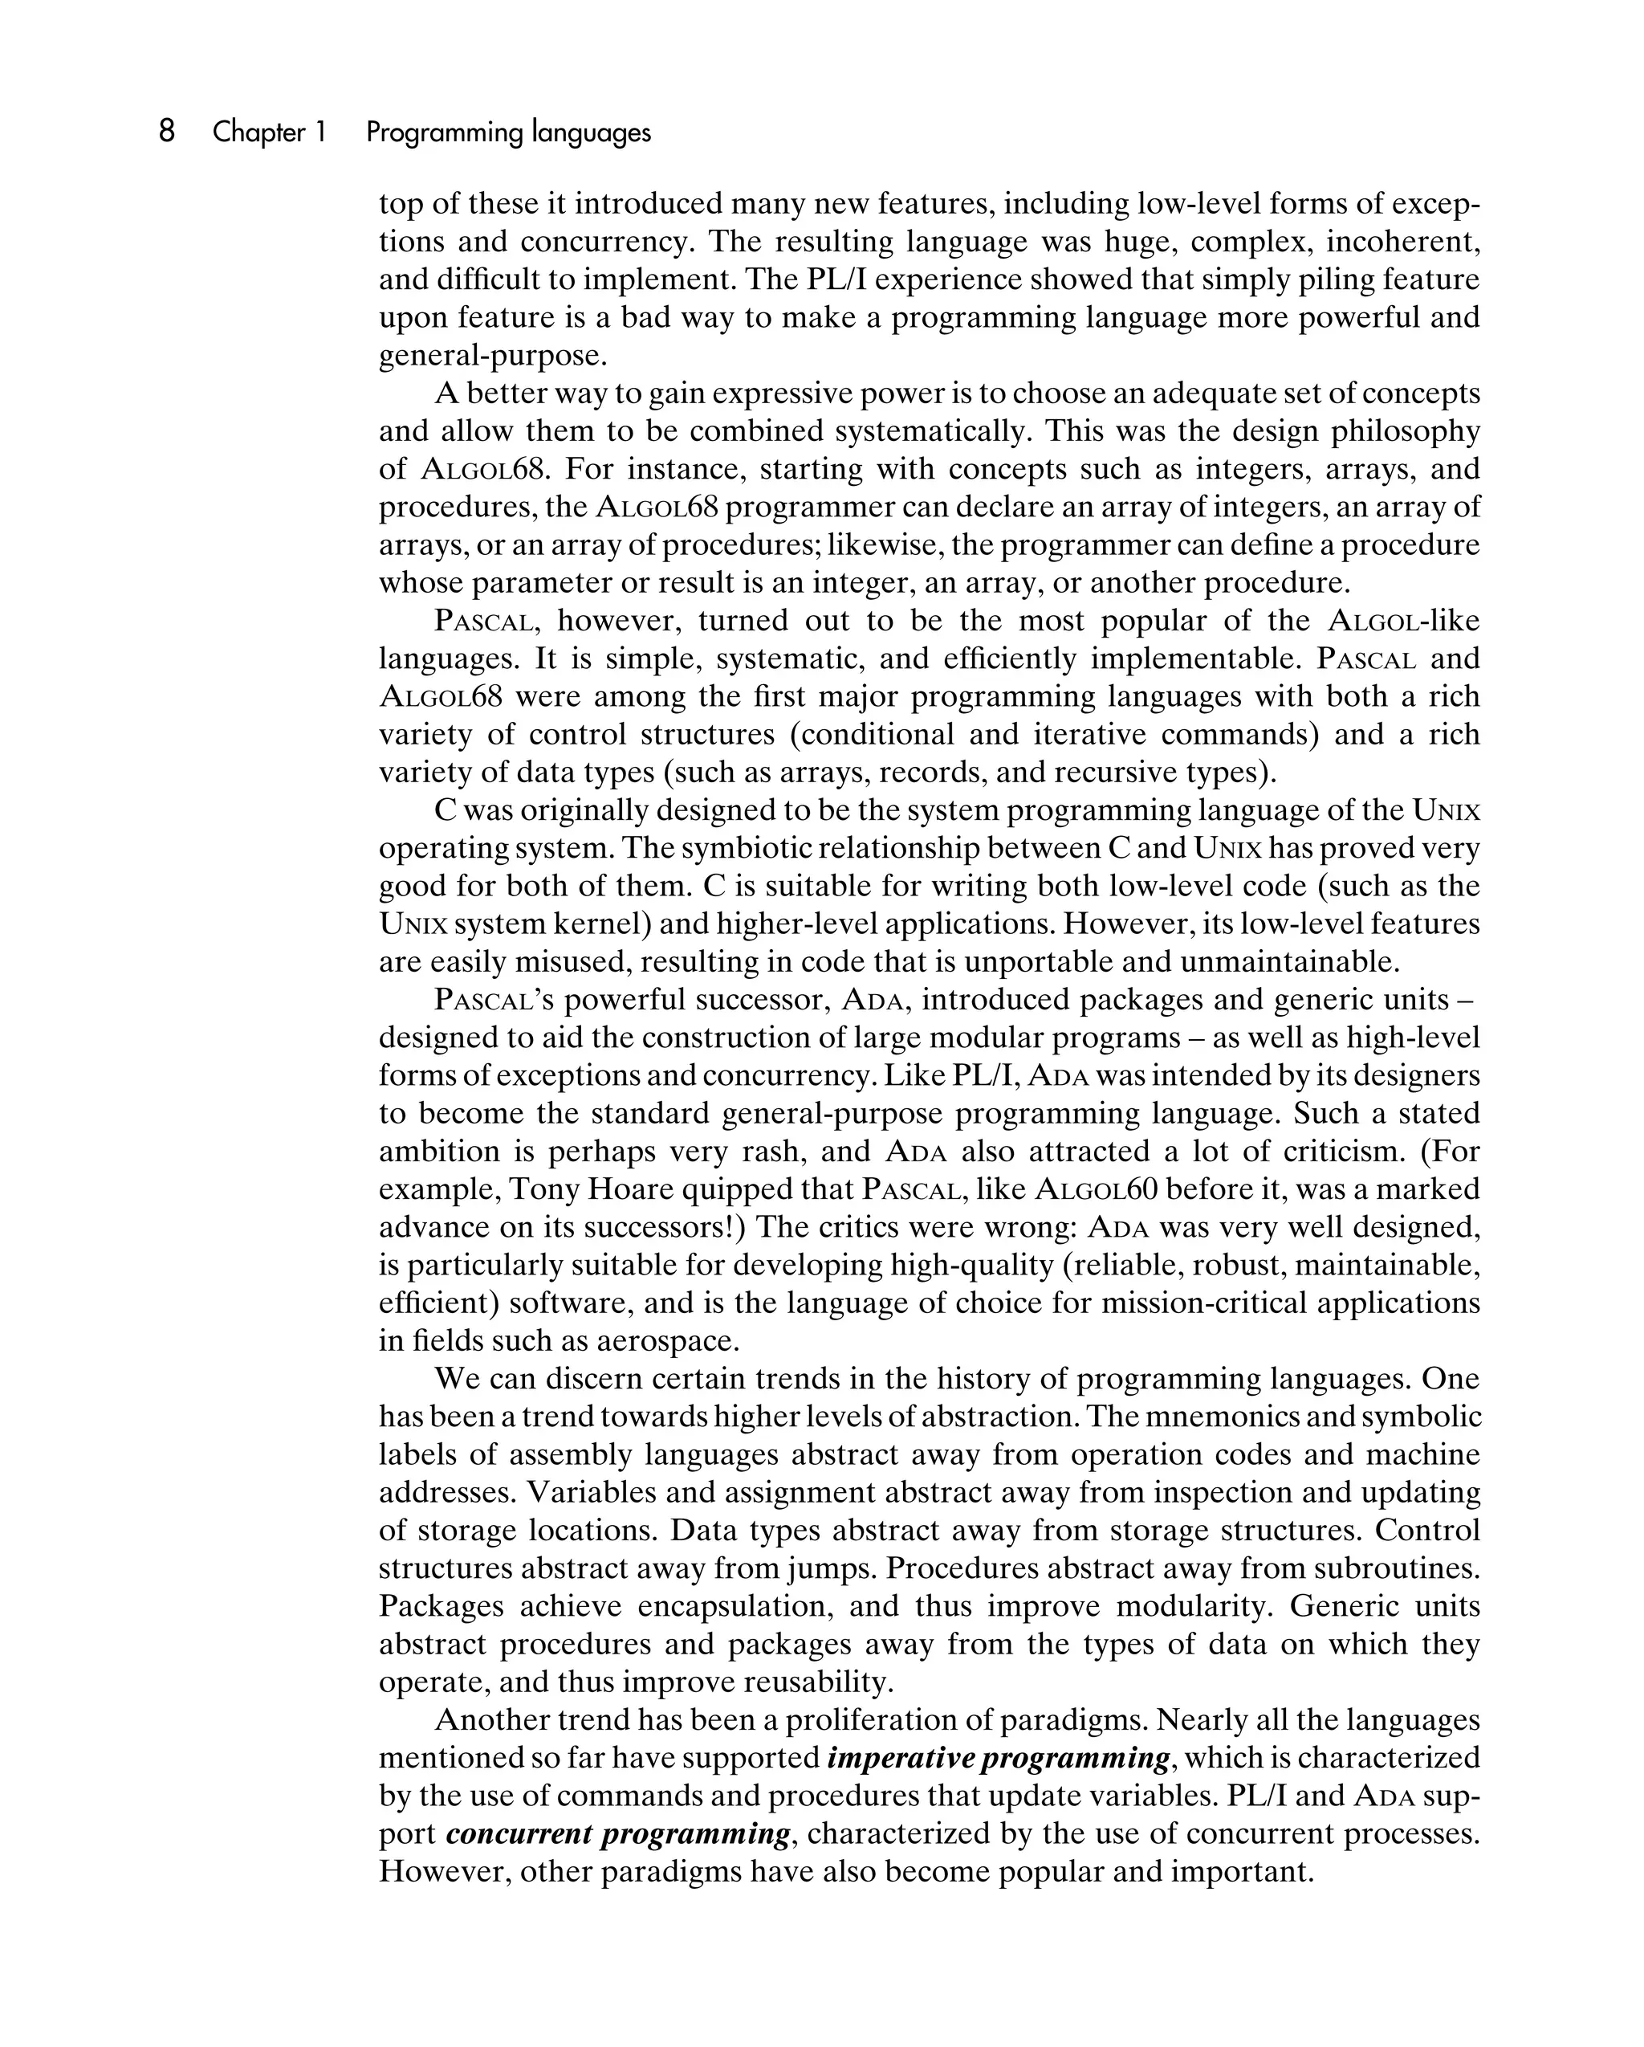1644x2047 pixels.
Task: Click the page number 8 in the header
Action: tap(166, 131)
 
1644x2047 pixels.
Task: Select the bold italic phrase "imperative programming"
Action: tap(999, 1757)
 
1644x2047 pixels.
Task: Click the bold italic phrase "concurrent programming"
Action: tap(618, 1833)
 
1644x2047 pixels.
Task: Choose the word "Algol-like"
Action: tap(1403, 621)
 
